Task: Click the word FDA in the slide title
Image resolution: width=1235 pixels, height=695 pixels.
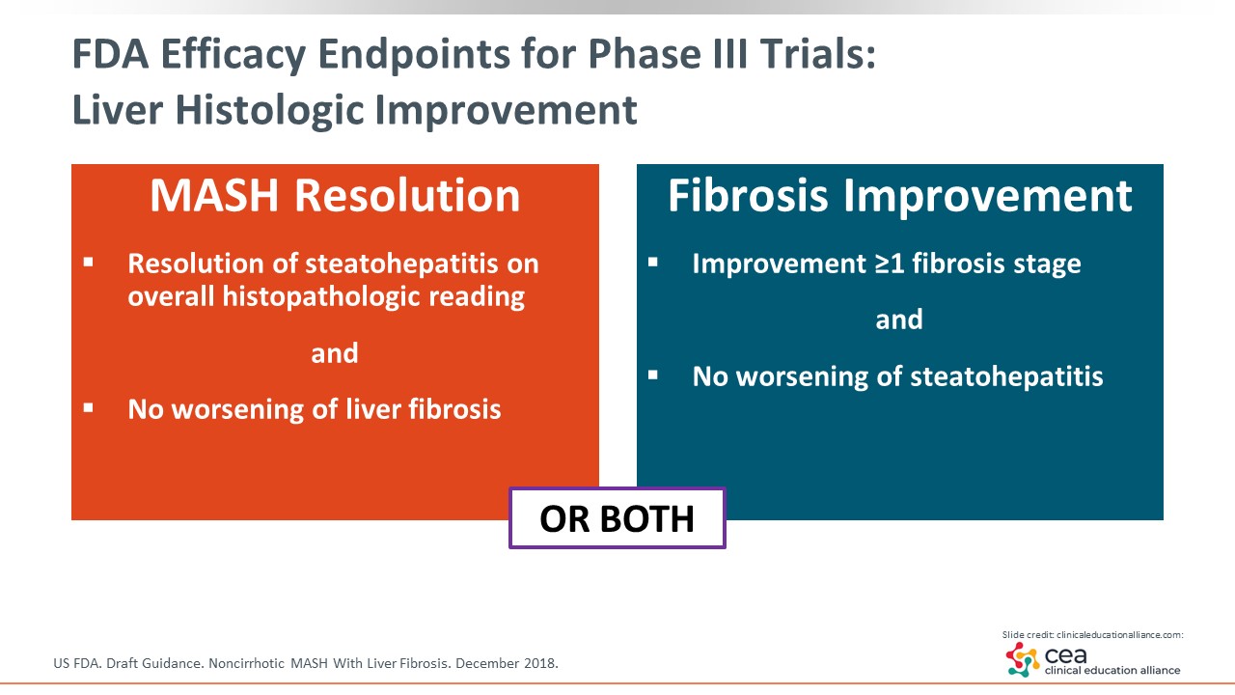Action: pos(110,54)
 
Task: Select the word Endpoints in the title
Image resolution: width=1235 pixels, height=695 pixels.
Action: pos(414,56)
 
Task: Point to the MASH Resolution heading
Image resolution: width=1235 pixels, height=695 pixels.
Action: pos(335,195)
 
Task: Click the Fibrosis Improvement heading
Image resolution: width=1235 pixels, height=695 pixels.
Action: pos(900,195)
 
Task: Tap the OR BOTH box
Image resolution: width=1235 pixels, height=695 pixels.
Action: pos(617,518)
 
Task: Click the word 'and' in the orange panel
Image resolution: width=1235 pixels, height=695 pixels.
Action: pos(335,353)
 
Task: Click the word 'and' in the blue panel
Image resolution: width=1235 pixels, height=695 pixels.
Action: pos(899,320)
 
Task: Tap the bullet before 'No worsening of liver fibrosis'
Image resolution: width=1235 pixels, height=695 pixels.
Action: pos(88,408)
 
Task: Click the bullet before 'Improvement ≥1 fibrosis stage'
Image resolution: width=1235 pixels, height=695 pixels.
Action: pos(653,262)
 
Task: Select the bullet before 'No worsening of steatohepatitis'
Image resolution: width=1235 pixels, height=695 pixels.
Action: pos(653,375)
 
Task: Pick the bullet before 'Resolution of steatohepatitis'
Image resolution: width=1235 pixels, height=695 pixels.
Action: pos(88,262)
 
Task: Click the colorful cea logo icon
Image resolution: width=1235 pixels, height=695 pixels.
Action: pos(1023,659)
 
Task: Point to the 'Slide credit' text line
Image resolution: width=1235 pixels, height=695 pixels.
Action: pos(1093,635)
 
